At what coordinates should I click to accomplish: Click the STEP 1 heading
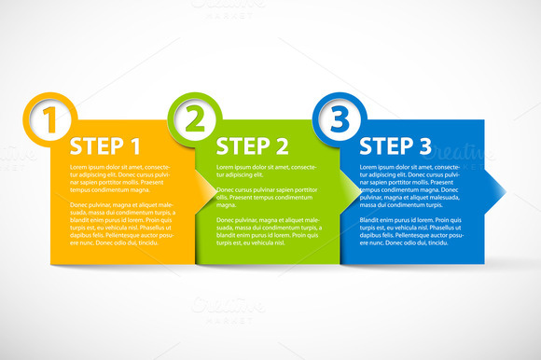pos(105,145)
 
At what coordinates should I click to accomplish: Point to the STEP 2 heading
pos(252,145)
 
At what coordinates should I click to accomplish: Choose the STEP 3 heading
pos(395,145)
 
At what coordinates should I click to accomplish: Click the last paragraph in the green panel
pos(266,230)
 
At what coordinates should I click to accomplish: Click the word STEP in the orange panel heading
pos(93,145)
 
